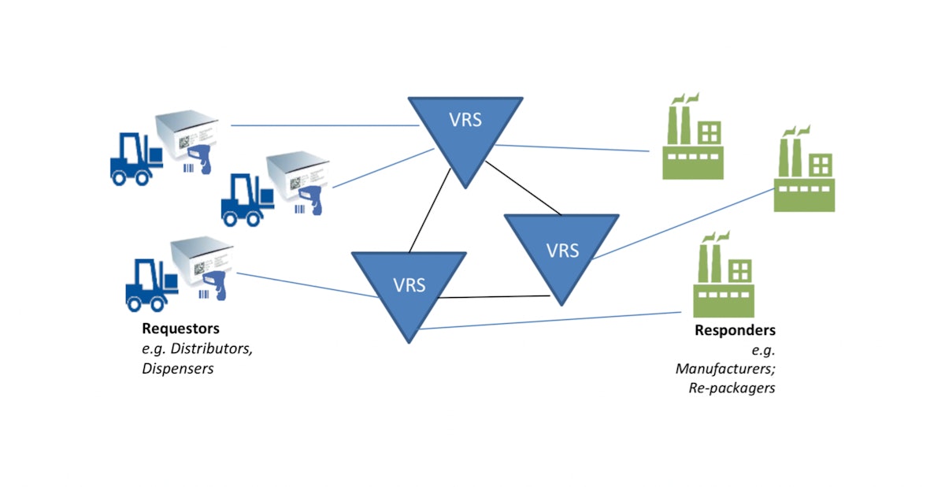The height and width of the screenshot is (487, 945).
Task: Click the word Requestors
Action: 180,328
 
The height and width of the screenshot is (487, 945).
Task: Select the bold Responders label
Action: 735,330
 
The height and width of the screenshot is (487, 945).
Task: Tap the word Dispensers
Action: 178,368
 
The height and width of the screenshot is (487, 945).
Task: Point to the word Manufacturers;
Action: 725,368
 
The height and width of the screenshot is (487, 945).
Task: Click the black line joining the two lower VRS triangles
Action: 493,297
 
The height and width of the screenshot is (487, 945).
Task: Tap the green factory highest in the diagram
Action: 692,137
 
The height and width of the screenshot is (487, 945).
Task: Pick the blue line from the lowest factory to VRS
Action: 551,321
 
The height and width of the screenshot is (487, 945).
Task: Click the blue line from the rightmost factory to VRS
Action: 682,222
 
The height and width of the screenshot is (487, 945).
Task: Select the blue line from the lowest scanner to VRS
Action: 307,284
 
